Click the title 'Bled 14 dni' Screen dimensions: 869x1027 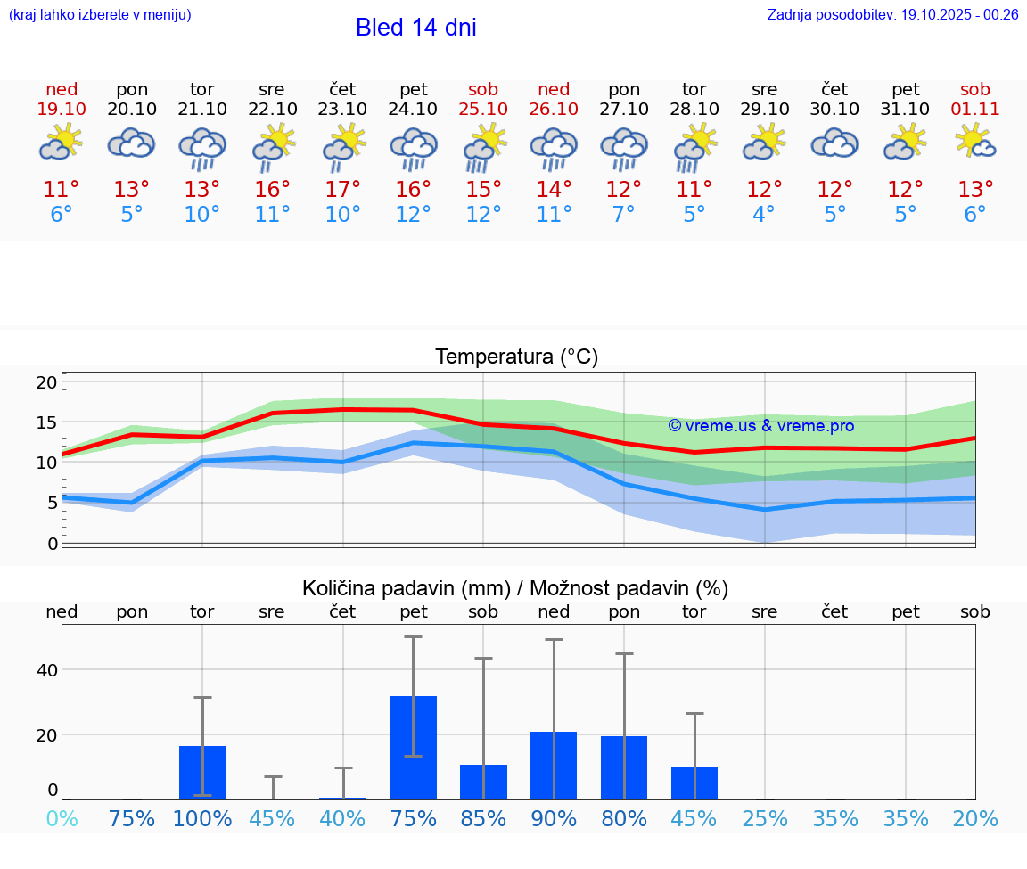415,28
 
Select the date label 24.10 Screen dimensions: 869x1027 413,109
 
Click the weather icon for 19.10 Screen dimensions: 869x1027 62,143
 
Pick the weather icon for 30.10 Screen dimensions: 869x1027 834,143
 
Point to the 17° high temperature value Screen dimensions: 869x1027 342,189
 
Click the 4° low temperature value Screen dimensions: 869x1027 764,214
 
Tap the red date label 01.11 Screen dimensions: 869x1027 975,109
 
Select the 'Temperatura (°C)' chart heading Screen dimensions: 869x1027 516,357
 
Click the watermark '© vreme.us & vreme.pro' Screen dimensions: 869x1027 760,426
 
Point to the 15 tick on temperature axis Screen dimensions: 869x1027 46,422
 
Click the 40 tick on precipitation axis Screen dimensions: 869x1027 46,669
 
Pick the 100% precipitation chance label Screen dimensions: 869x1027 202,818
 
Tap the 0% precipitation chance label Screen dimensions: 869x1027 62,818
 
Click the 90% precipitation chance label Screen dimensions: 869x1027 554,818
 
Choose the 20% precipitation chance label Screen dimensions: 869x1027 975,818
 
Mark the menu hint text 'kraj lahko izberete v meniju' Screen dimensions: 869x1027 100,14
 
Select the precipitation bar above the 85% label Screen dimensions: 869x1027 483,782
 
